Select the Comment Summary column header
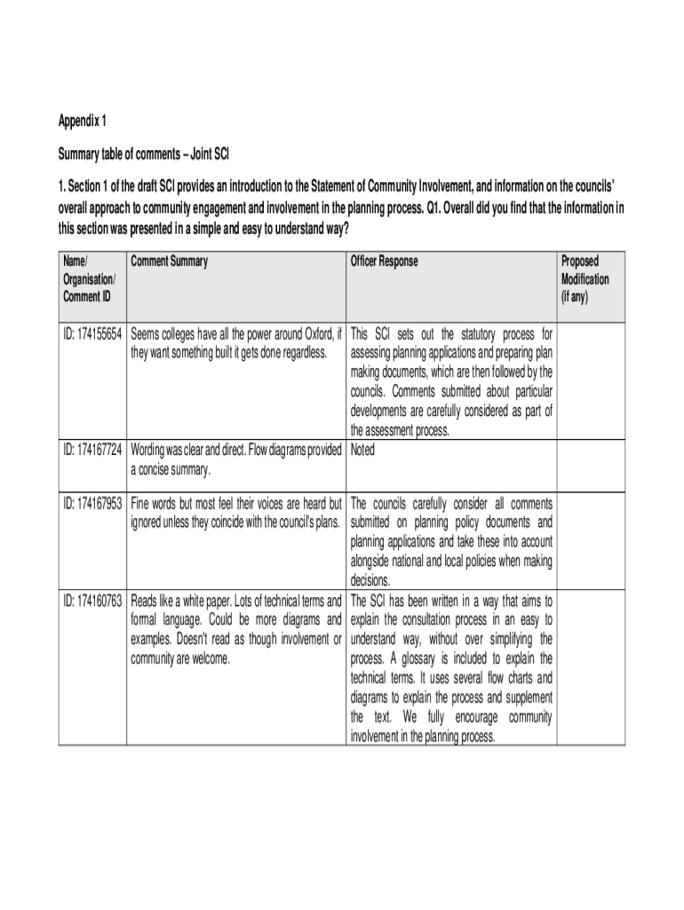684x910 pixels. click(169, 261)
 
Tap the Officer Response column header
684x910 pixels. click(384, 261)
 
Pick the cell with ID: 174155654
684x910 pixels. click(93, 335)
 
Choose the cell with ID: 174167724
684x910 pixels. click(93, 450)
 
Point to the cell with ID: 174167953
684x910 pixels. click(93, 503)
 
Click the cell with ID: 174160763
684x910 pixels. click(93, 602)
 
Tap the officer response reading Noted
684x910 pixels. click(363, 450)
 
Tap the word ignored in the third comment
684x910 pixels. click(149, 521)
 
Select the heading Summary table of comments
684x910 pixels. click(145, 155)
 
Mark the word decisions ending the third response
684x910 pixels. click(372, 580)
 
